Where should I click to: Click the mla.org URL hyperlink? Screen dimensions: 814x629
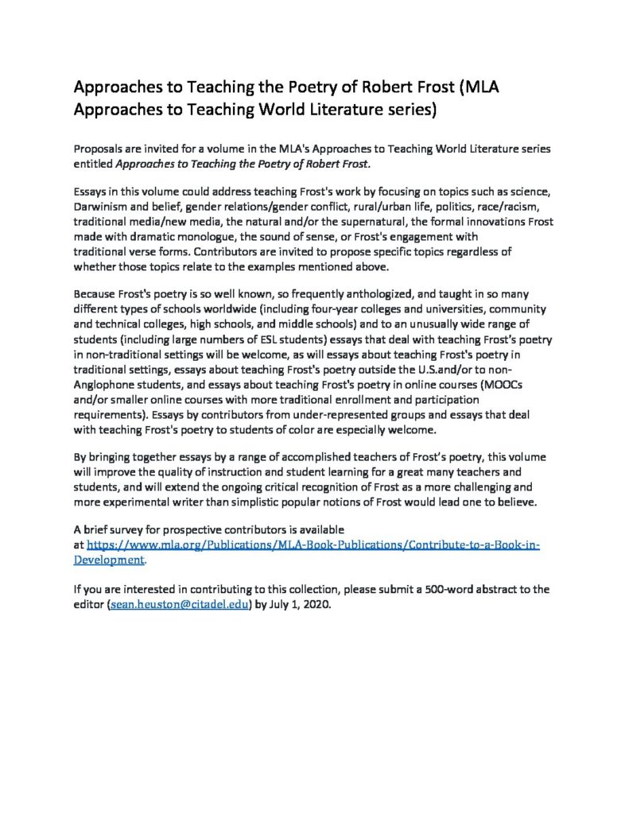(313, 545)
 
